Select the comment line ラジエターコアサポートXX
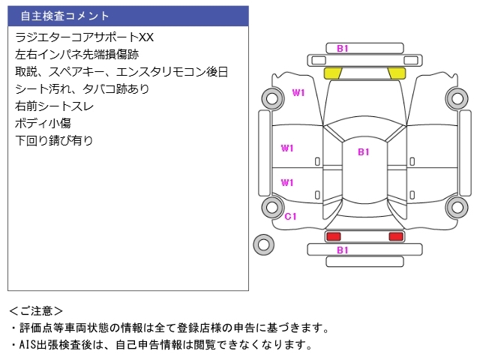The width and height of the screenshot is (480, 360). [x=84, y=37]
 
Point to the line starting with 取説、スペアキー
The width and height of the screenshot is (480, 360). [x=121, y=71]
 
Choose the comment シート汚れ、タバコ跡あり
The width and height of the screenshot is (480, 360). [x=82, y=88]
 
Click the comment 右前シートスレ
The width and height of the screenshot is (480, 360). [x=54, y=106]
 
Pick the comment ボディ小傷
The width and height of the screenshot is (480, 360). [x=43, y=123]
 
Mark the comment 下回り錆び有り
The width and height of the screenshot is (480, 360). [x=54, y=140]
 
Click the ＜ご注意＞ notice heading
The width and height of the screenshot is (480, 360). [x=36, y=310]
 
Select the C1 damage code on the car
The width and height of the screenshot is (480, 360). [x=291, y=216]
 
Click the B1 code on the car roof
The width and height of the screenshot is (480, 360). [x=364, y=152]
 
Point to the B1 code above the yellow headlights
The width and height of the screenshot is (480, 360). [x=343, y=49]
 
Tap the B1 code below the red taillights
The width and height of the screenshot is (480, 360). [x=343, y=250]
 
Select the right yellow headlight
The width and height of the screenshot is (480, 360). [x=395, y=73]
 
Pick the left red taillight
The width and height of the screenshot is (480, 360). [x=333, y=236]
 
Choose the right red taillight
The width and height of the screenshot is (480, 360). [x=395, y=236]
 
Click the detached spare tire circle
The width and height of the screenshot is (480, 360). [x=263, y=244]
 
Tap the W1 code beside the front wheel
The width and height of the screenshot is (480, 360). [x=298, y=93]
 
